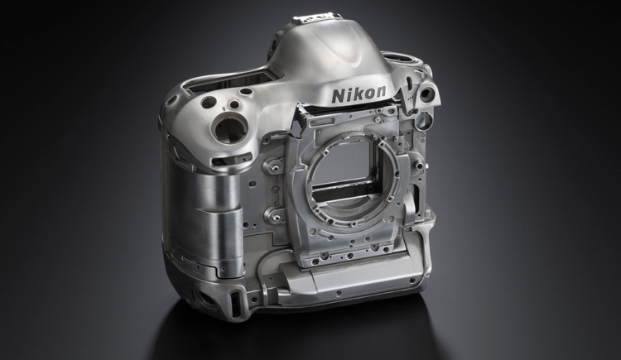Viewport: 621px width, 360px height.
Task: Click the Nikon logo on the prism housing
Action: [x=359, y=94]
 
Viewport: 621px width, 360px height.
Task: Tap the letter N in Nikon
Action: [x=338, y=95]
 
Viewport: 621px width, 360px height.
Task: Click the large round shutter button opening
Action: [x=229, y=128]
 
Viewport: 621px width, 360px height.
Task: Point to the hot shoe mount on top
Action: [x=316, y=18]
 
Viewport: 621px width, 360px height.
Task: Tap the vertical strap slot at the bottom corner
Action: [x=236, y=303]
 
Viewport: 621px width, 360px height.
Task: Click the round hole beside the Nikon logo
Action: [x=428, y=94]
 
